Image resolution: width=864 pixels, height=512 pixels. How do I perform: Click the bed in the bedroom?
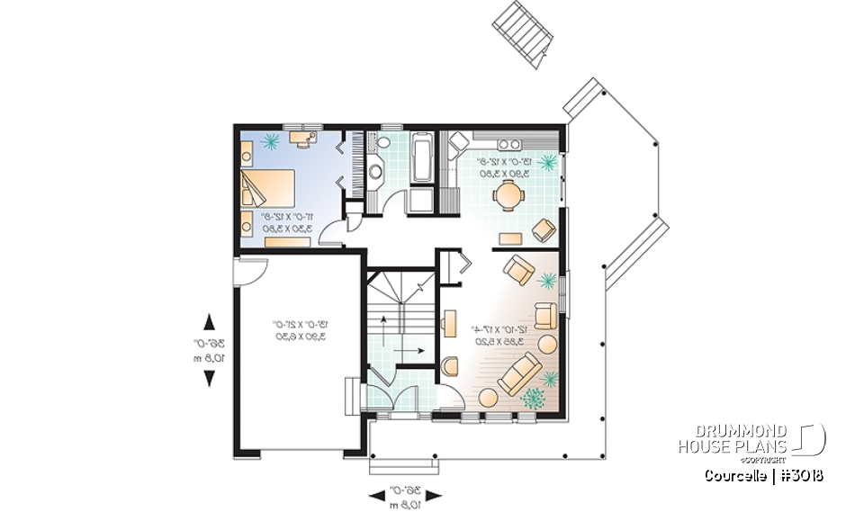pyautogui.click(x=267, y=191)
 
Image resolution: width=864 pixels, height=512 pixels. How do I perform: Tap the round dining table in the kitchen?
pyautogui.click(x=510, y=193)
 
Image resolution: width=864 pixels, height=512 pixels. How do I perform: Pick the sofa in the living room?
pyautogui.click(x=519, y=373)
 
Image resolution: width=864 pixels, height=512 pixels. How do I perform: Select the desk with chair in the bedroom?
pyautogui.click(x=302, y=138)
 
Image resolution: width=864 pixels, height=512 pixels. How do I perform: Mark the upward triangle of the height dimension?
pyautogui.click(x=210, y=320)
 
